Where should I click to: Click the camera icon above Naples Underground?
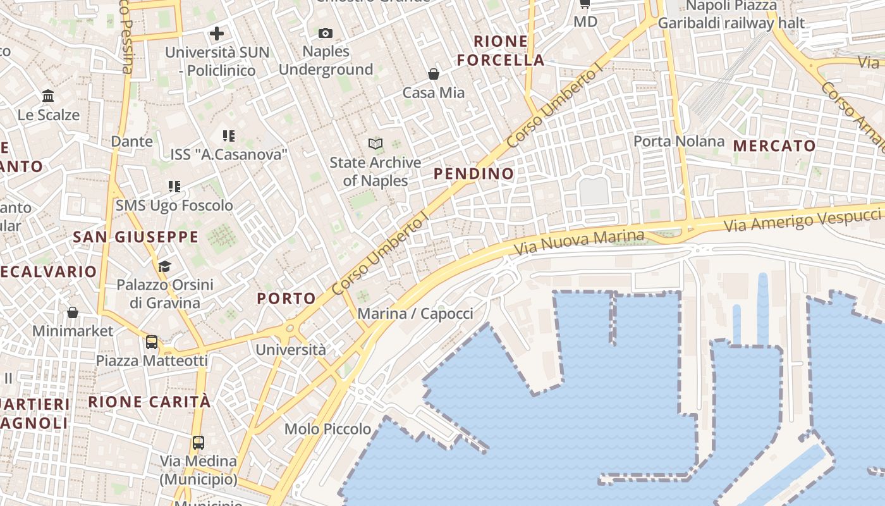point(326,33)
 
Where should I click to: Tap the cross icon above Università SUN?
point(217,34)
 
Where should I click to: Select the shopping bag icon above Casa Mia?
point(434,75)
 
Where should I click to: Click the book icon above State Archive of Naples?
point(375,144)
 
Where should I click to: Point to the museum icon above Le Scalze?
point(48,96)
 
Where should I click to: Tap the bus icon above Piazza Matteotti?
point(152,342)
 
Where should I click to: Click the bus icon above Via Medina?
point(198,443)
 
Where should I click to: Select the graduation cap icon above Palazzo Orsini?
point(165,266)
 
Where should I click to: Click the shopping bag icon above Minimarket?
point(73,312)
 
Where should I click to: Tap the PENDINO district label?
point(474,173)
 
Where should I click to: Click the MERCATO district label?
point(774,146)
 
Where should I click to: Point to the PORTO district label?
point(286,299)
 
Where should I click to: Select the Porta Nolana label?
point(679,141)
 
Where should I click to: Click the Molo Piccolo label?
point(328,429)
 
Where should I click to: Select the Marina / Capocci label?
point(415,314)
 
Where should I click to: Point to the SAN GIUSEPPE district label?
point(136,237)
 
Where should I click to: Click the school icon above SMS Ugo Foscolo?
point(174,187)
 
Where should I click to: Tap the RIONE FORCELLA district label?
point(501,51)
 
